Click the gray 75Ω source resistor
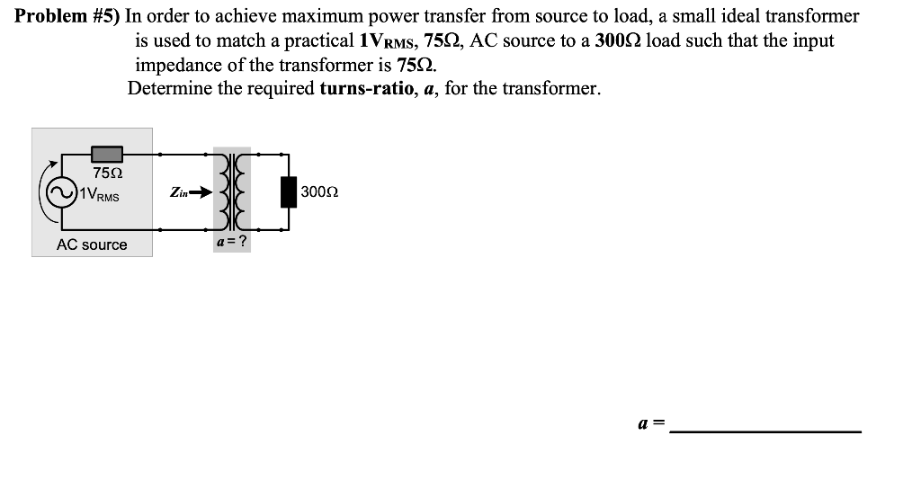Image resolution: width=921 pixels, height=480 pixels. click(x=106, y=155)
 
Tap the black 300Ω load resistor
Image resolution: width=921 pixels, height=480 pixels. click(x=289, y=191)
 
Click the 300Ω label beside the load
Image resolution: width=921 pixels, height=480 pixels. click(x=319, y=191)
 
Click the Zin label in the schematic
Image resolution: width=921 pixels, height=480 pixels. click(x=177, y=191)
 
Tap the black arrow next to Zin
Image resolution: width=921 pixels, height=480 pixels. click(x=200, y=191)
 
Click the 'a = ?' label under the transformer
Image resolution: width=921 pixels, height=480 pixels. click(x=231, y=243)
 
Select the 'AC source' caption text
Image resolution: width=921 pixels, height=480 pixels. click(x=92, y=244)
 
